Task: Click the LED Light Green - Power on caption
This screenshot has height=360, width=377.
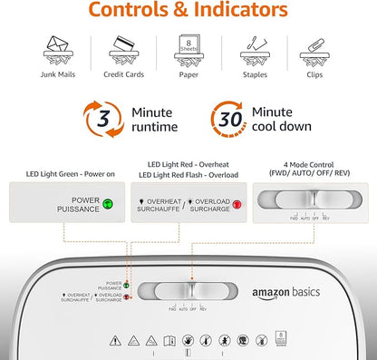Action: (x=59, y=173)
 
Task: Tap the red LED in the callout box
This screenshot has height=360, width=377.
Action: (x=237, y=204)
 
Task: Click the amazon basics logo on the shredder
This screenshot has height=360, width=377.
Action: (x=281, y=294)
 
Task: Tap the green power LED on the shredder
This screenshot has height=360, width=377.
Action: (x=128, y=285)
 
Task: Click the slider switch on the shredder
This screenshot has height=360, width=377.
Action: (x=188, y=291)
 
